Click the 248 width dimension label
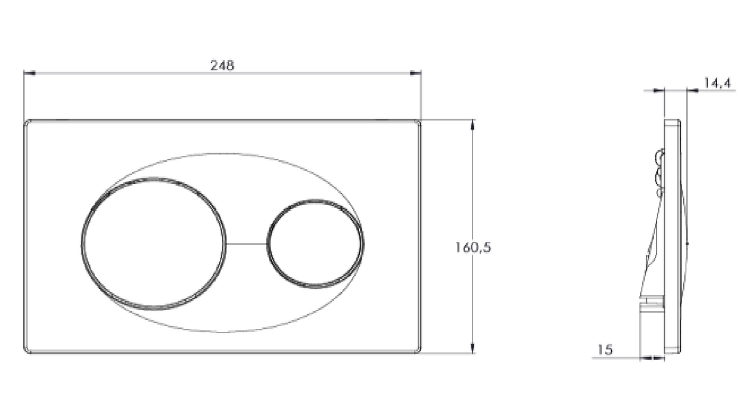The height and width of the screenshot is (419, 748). tap(222, 65)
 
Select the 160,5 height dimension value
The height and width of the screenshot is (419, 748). tap(474, 247)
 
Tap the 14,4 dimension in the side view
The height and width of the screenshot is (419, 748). tap(717, 83)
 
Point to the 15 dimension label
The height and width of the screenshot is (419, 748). tap(605, 350)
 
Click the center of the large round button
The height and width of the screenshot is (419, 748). tap(153, 243)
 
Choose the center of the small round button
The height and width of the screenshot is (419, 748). tap(315, 243)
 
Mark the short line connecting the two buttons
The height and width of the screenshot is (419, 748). tap(246, 243)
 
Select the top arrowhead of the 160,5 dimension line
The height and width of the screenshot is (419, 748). tap(473, 123)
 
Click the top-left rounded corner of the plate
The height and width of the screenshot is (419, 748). tap(26, 122)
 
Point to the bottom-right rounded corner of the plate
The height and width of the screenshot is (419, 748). tap(418, 351)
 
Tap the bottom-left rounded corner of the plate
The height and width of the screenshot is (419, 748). tap(26, 351)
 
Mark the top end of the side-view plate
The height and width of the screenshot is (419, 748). tap(672, 120)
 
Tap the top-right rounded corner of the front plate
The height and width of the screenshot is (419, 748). tap(418, 122)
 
